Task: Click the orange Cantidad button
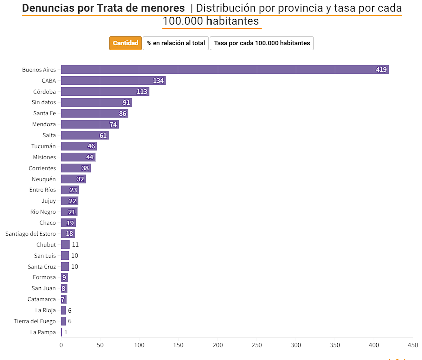coord(126,43)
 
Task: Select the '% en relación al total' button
coord(176,43)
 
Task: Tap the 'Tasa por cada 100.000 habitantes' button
coord(262,43)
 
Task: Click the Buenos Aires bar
coord(225,70)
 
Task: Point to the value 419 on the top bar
coord(381,70)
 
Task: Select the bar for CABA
coord(113,81)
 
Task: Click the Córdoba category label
coord(44,92)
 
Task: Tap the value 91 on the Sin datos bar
coord(126,103)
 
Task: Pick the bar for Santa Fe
coord(94,114)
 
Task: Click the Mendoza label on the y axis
coord(44,124)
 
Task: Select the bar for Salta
coord(85,135)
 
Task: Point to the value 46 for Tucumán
coord(91,146)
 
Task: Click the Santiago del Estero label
coord(31,234)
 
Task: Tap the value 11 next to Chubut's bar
coord(75,245)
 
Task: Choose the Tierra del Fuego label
coord(35,321)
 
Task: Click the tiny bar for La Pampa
coord(62,332)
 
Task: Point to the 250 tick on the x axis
coord(257,345)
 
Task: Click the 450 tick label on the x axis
coord(413,345)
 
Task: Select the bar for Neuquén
coord(73,179)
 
